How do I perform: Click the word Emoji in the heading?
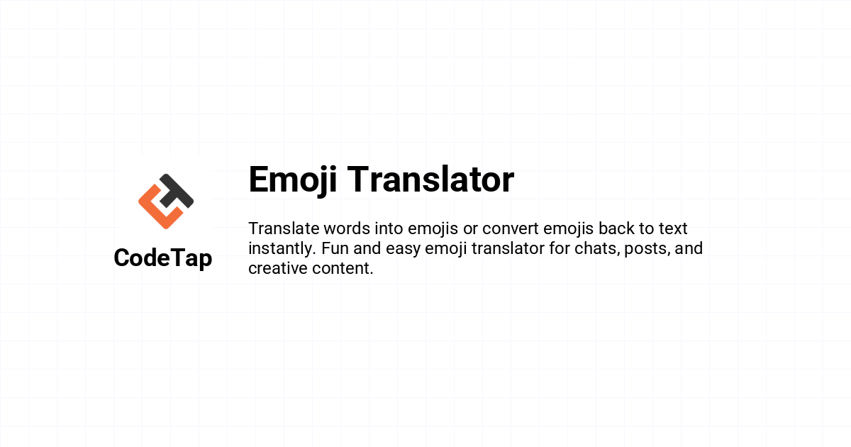[292, 180]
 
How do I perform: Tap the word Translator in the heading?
[430, 179]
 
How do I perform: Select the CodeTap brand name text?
[163, 258]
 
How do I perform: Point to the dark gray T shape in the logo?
[177, 192]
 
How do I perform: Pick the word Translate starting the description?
[284, 228]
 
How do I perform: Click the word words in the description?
[347, 228]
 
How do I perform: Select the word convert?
[510, 228]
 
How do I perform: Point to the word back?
[616, 228]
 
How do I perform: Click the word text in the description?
[673, 228]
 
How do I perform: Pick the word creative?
[278, 268]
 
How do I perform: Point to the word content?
[343, 268]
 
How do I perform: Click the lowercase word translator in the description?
[508, 248]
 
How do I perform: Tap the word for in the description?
[560, 248]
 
